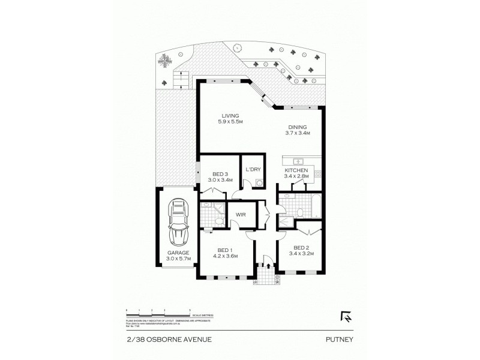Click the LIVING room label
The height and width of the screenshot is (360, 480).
pos(230,115)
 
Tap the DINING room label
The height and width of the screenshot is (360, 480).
pos(297,127)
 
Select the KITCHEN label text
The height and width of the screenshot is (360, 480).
pos(296,170)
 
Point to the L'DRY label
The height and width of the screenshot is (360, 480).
pos(252,170)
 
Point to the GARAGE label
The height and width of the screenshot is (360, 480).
pos(178,253)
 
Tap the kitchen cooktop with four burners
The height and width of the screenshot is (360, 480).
pos(319,174)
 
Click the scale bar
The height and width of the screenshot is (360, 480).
pos(158,311)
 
